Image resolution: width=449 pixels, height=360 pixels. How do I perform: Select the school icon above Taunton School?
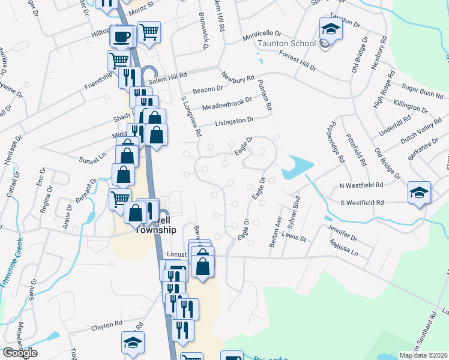point(330,29)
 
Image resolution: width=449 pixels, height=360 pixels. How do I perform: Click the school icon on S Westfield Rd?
point(419,193)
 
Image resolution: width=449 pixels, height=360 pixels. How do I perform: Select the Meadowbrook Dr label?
point(227,104)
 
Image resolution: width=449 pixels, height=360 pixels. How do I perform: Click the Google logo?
point(20,353)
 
